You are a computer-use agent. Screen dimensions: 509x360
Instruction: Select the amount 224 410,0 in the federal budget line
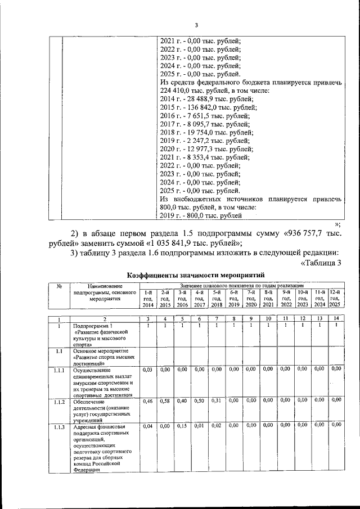(x=178, y=91)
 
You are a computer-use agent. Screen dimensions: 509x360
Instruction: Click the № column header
(x=58, y=286)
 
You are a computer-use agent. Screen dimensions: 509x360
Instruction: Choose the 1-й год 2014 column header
(x=148, y=298)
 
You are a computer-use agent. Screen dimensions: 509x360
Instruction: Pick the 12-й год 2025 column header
(x=335, y=298)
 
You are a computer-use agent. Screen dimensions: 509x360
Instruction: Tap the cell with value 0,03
(x=148, y=369)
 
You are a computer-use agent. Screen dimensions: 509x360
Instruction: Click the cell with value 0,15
(x=182, y=425)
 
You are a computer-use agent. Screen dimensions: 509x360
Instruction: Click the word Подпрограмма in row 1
(x=89, y=326)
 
